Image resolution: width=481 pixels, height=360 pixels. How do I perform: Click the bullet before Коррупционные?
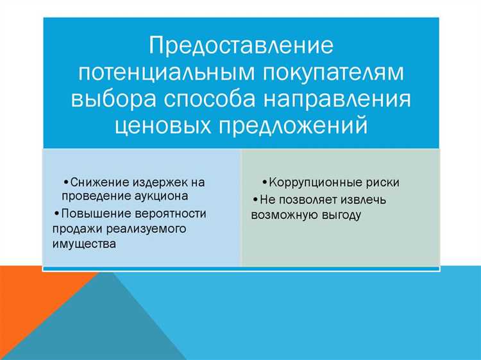pos(264,183)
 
